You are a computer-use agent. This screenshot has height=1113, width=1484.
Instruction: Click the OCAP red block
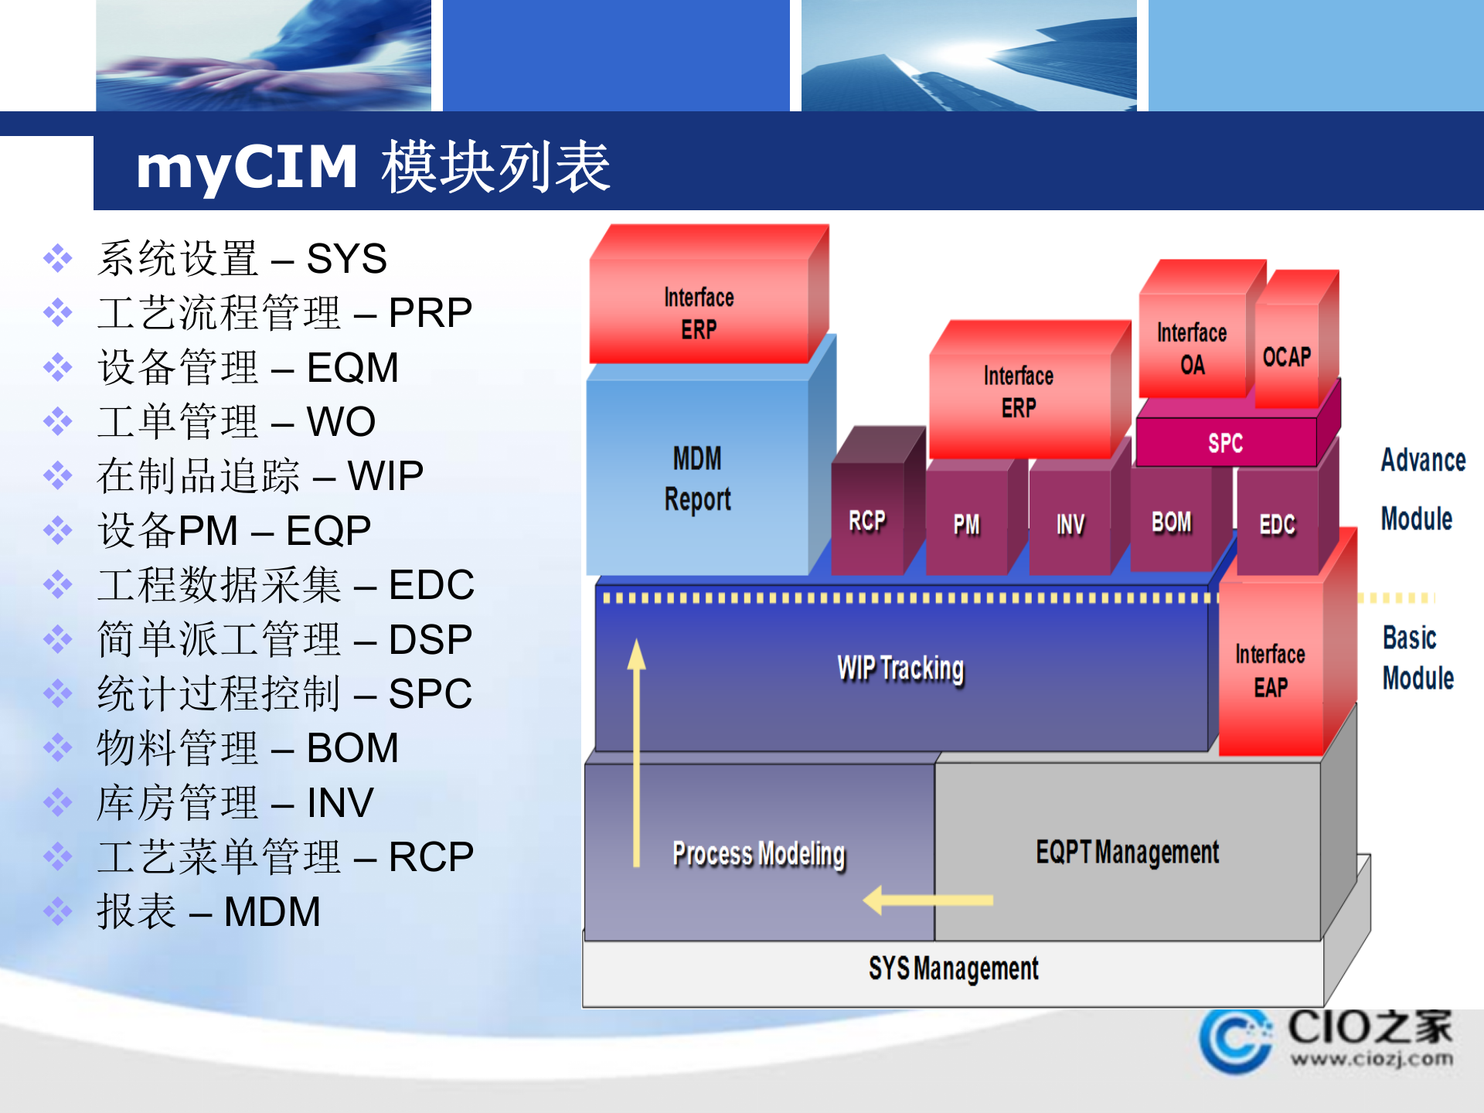(x=1287, y=356)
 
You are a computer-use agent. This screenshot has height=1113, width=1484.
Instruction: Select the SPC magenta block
(x=1225, y=443)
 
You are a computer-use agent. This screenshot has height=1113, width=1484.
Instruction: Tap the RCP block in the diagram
(x=867, y=520)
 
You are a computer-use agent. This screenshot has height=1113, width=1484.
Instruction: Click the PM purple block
(x=966, y=525)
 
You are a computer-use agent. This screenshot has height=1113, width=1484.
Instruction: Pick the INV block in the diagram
(x=1070, y=525)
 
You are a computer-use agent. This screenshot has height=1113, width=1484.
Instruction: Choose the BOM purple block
(x=1171, y=522)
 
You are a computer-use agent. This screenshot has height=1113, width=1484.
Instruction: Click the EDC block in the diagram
(x=1277, y=525)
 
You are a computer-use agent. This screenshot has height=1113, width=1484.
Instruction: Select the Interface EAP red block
(x=1270, y=670)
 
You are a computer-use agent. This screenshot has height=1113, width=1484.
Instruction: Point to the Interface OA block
(x=1192, y=349)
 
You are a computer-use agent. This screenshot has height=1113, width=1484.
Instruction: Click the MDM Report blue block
(x=697, y=478)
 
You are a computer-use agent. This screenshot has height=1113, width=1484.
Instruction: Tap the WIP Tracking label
(x=900, y=669)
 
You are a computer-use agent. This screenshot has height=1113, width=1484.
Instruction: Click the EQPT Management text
(x=1127, y=852)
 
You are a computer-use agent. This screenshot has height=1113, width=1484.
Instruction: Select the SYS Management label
(x=953, y=968)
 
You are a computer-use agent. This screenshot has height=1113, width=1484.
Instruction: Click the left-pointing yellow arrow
(x=927, y=900)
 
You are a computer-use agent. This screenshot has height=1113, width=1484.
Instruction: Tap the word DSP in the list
(x=430, y=640)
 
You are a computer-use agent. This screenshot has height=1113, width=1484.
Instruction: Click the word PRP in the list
(x=430, y=313)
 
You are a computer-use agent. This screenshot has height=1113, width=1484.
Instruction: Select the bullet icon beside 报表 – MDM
(x=58, y=911)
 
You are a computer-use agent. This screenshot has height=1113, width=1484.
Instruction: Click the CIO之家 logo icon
(x=1235, y=1041)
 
